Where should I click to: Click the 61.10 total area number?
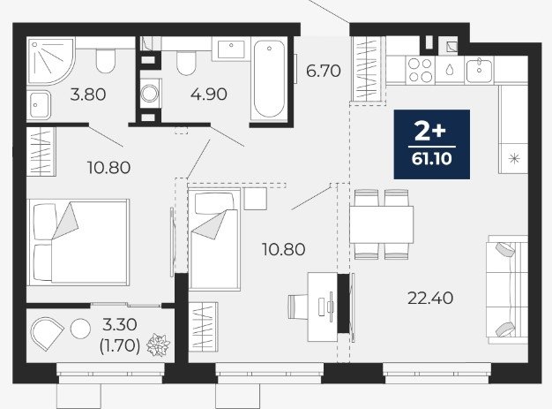pyautogui.click(x=431, y=159)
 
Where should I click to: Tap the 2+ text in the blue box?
pyautogui.click(x=430, y=132)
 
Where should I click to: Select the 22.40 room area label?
pyautogui.click(x=430, y=299)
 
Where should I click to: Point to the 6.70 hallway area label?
pyautogui.click(x=323, y=72)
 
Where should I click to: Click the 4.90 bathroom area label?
pyautogui.click(x=209, y=95)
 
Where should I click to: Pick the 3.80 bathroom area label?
pyautogui.click(x=88, y=95)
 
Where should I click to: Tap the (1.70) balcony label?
pyautogui.click(x=120, y=346)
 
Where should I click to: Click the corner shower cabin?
pyautogui.click(x=51, y=61)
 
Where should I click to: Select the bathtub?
pyautogui.click(x=269, y=79)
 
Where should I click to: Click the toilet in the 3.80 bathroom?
pyautogui.click(x=106, y=61)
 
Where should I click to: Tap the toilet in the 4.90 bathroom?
pyautogui.click(x=186, y=64)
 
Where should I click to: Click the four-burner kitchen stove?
pyautogui.click(x=421, y=70)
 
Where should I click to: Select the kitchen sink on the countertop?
pyautogui.click(x=480, y=71)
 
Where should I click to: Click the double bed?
pyautogui.click(x=78, y=242)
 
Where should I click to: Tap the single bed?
pyautogui.click(x=214, y=239)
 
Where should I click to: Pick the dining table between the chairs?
pyautogui.click(x=381, y=224)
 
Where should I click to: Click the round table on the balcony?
pyautogui.click(x=80, y=329)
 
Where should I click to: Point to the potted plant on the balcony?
pyautogui.click(x=159, y=345)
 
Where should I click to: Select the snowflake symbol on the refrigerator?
pyautogui.click(x=514, y=159)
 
